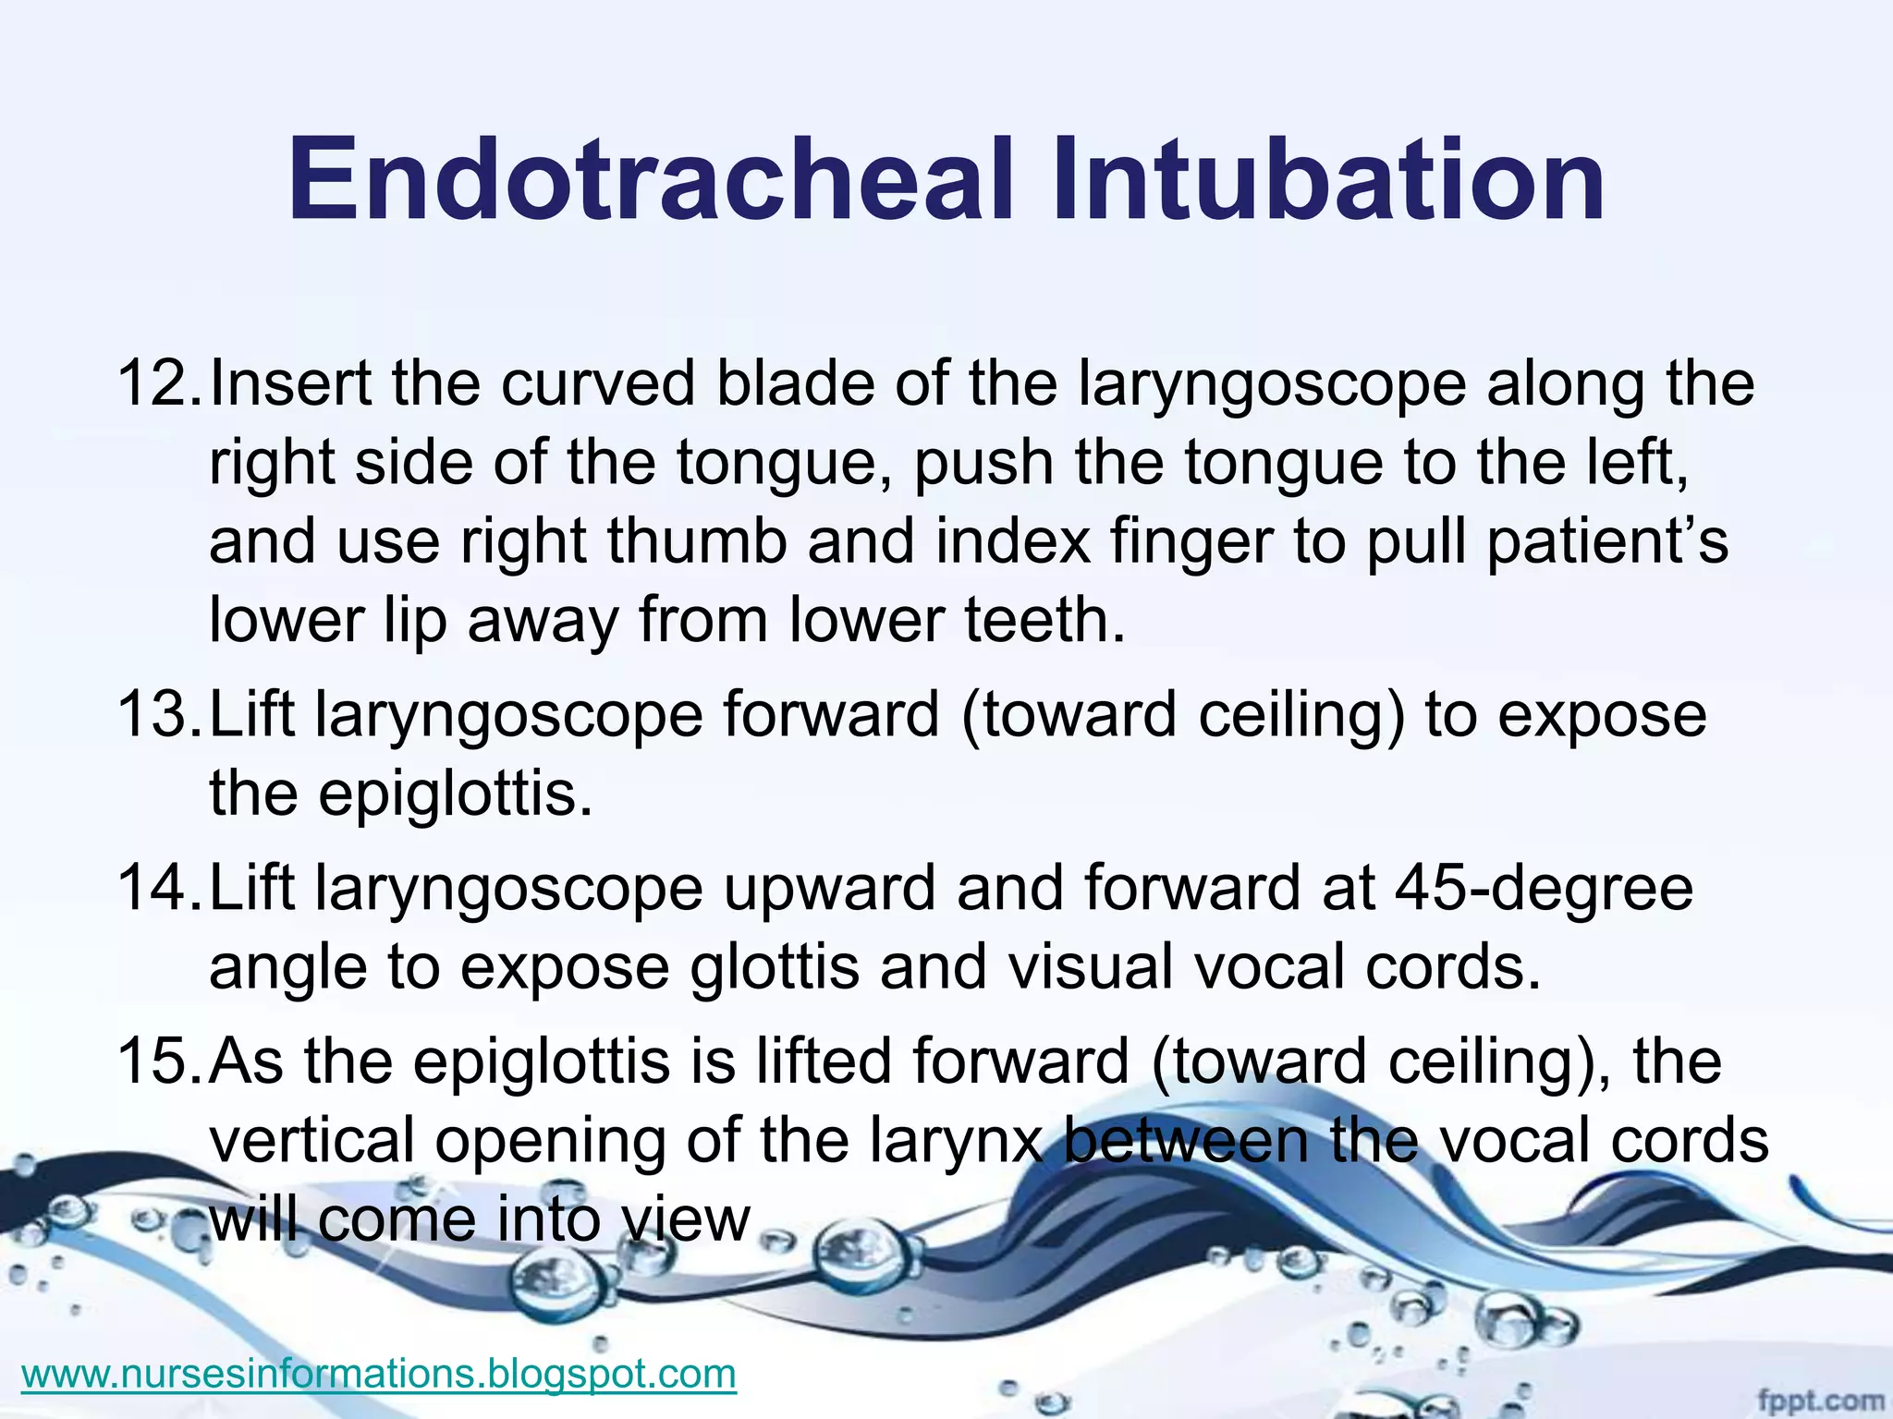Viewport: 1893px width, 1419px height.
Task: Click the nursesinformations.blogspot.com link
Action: (x=378, y=1373)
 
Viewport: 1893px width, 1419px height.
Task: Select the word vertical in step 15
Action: (x=312, y=1140)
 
